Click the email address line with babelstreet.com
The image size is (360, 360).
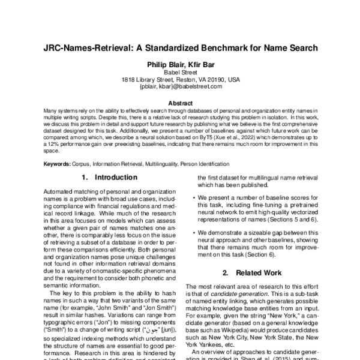[x=180, y=86]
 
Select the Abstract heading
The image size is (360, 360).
[x=180, y=103]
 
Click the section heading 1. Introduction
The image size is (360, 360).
[x=109, y=178]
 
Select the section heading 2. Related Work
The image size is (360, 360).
[x=253, y=272]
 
